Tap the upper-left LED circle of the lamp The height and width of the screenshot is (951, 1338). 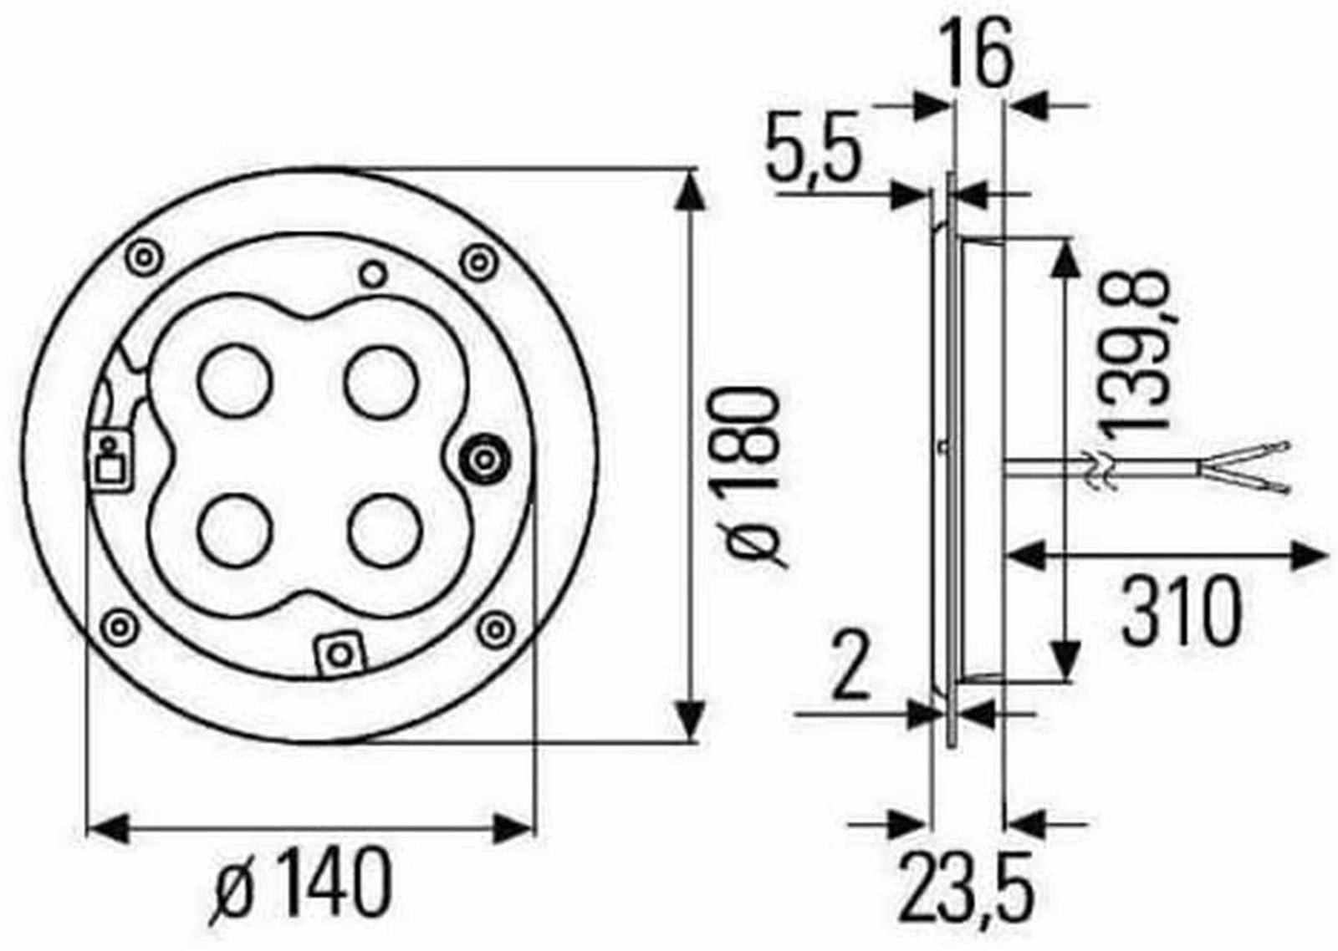(x=235, y=381)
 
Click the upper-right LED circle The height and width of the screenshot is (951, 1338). (x=382, y=381)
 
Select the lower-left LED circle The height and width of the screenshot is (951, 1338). (x=235, y=531)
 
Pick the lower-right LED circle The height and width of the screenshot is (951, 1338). (x=382, y=531)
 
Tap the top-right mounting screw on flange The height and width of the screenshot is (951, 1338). (x=479, y=262)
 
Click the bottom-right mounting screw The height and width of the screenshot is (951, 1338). (x=497, y=628)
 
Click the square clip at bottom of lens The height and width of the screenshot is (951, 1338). (x=340, y=653)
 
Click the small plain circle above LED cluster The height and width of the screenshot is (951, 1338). (x=371, y=273)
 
